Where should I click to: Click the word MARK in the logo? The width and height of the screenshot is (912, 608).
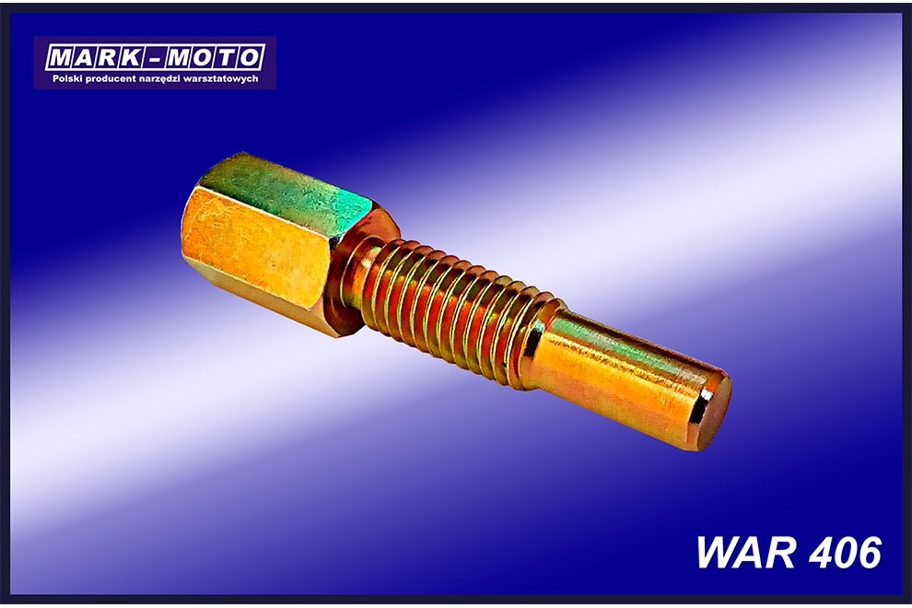tap(95, 58)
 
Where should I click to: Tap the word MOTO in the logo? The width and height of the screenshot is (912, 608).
tap(216, 58)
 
